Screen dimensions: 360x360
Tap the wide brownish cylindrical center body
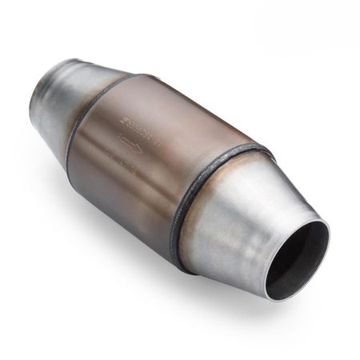[144, 160]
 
